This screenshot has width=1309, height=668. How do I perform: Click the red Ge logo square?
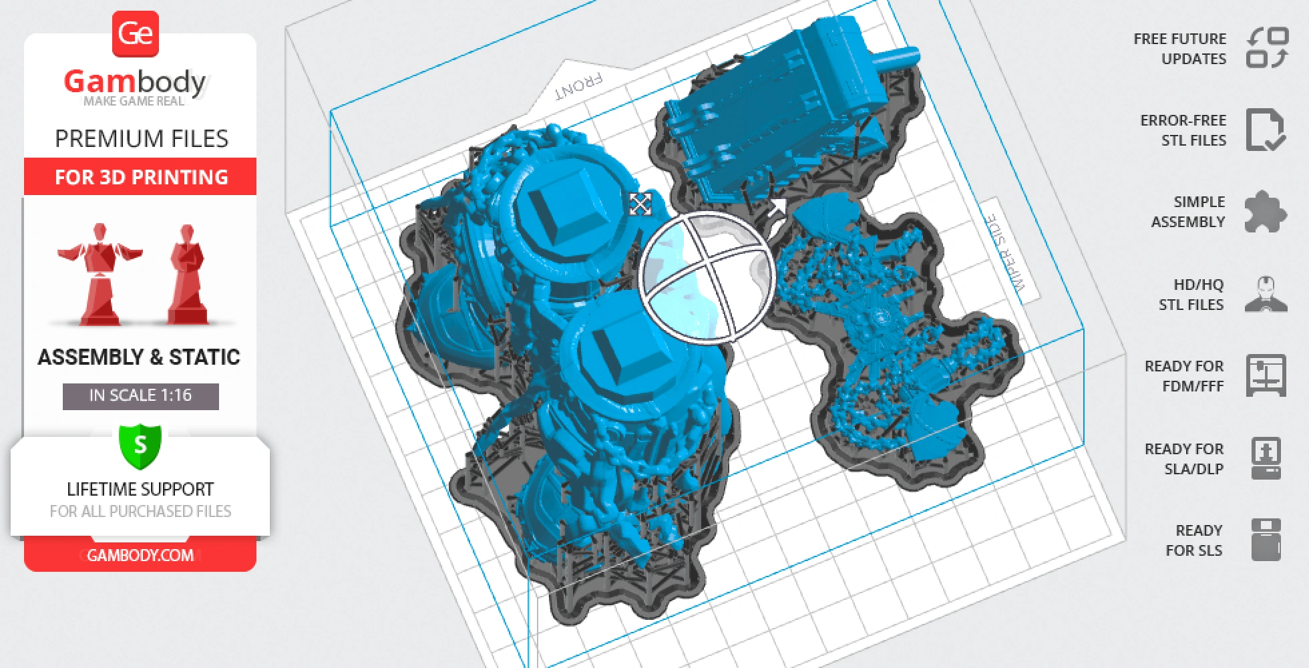135,33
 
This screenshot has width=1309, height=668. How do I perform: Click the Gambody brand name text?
136,81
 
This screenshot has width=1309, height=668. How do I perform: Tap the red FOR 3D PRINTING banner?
140,176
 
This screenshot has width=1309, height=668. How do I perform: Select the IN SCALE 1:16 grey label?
140,395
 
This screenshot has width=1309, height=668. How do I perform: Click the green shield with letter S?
140,446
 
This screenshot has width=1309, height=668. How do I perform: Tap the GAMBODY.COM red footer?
140,554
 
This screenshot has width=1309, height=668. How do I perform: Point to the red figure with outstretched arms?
100,275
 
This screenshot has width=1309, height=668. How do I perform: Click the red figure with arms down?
188,275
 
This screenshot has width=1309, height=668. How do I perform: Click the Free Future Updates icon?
1267,48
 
